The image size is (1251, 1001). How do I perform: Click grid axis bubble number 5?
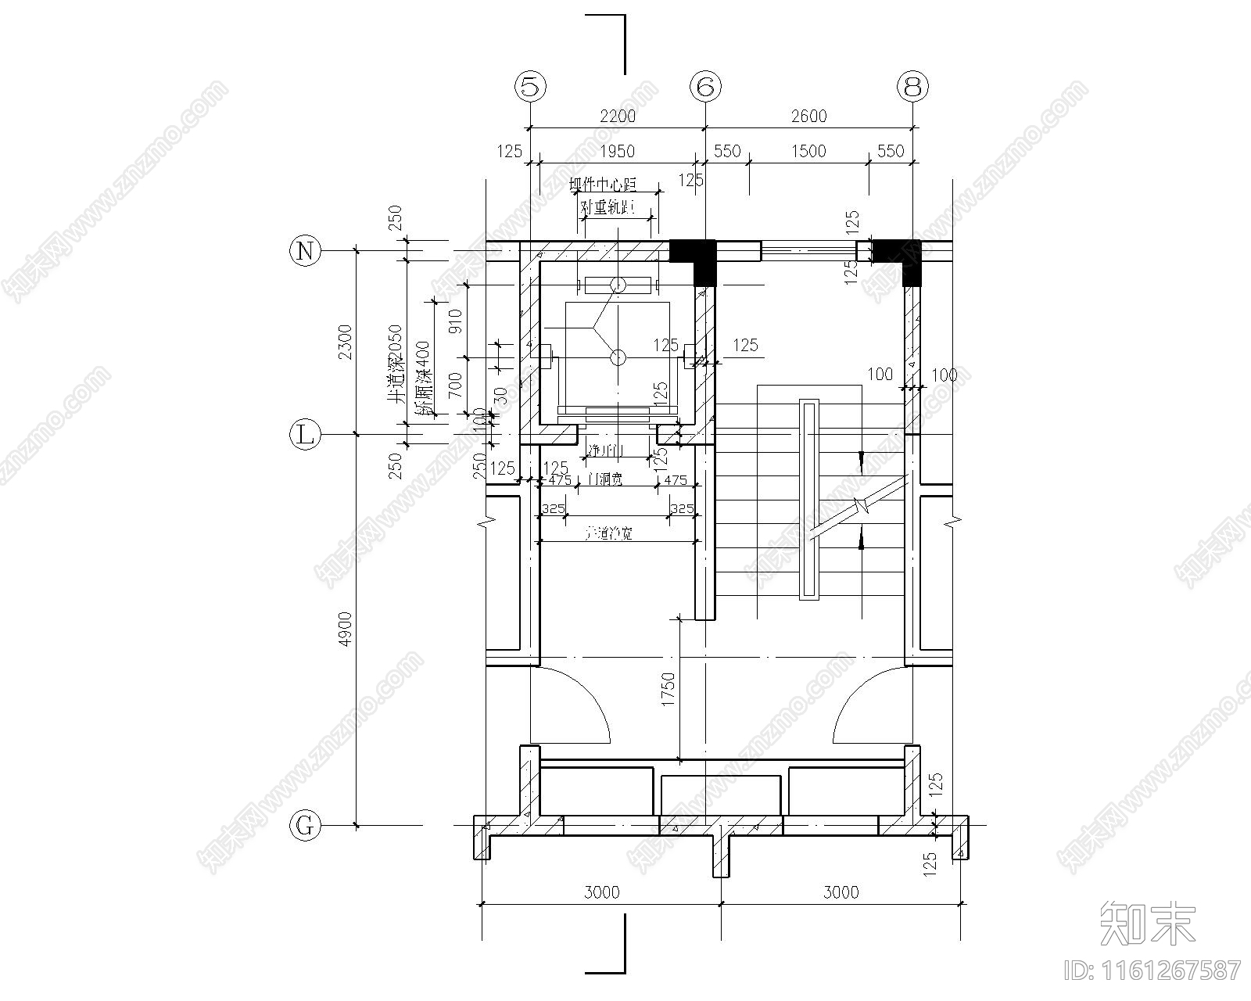point(531,87)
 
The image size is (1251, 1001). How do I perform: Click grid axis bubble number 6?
point(705,87)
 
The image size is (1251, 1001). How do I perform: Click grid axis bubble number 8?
point(912,87)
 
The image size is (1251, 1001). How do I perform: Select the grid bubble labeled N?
point(306,251)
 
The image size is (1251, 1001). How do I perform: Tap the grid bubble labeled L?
point(306,435)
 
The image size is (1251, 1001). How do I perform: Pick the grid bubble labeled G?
point(306,825)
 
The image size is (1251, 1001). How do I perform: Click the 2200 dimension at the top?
point(618,117)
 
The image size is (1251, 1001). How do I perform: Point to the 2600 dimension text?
point(808,117)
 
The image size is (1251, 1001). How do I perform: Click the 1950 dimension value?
point(617,151)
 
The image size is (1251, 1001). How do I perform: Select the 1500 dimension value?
point(808,151)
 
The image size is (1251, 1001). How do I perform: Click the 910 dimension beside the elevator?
point(456,321)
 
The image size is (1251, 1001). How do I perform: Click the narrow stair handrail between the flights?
point(809,500)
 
